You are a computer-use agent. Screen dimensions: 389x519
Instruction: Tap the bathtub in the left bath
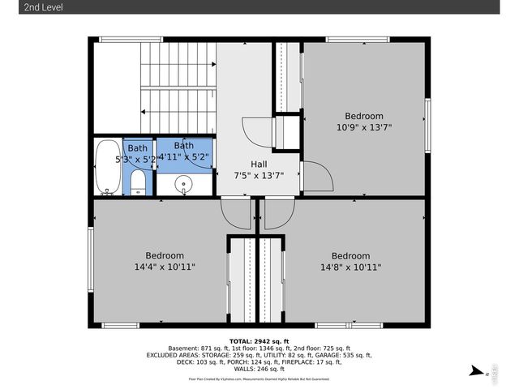point(106,168)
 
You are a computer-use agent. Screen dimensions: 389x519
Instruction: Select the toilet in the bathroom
point(139,182)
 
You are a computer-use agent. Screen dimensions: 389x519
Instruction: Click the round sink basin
point(184,184)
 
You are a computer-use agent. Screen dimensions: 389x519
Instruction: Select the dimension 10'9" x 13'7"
point(363,127)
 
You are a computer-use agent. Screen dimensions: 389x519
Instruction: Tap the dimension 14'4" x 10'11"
point(165,267)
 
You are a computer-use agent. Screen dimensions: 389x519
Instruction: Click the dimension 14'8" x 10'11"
point(350,267)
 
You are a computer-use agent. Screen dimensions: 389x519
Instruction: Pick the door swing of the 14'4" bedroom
point(236,214)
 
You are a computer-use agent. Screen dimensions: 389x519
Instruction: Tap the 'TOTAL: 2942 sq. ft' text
point(259,341)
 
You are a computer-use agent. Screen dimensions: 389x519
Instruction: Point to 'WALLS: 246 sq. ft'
point(259,369)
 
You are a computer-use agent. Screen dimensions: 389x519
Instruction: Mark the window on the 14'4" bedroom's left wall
point(90,251)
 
